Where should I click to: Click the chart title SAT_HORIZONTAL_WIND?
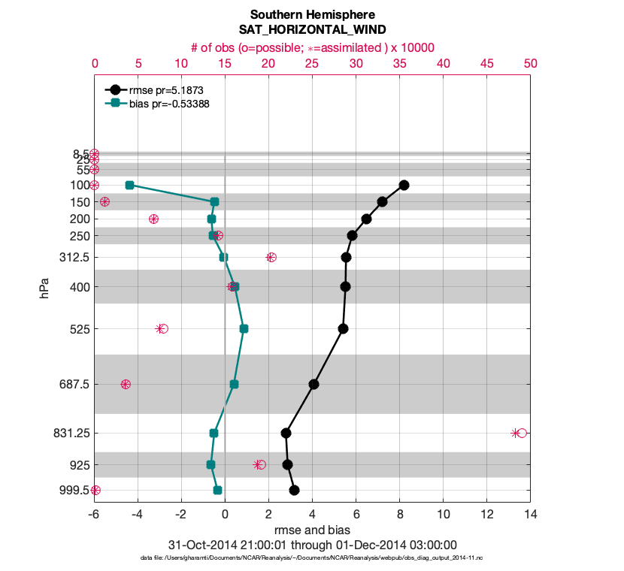pyautogui.click(x=312, y=30)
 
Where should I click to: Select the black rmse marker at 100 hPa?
pyautogui.click(x=404, y=185)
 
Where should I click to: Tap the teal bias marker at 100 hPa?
pyautogui.click(x=129, y=185)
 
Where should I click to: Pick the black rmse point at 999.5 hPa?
pyautogui.click(x=294, y=491)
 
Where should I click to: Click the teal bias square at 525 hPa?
pyautogui.click(x=244, y=328)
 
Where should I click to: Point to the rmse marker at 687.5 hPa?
pyautogui.click(x=314, y=384)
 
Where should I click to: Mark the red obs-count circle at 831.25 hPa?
pyautogui.click(x=522, y=433)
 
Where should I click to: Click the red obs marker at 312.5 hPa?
pyautogui.click(x=271, y=257)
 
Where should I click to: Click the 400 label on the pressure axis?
pyautogui.click(x=79, y=287)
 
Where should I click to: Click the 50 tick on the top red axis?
pyautogui.click(x=530, y=65)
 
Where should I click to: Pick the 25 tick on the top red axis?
pyautogui.click(x=312, y=65)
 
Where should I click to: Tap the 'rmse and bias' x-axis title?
pyautogui.click(x=312, y=531)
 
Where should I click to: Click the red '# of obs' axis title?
pyautogui.click(x=312, y=47)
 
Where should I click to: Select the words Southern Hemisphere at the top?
pyautogui.click(x=312, y=14)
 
